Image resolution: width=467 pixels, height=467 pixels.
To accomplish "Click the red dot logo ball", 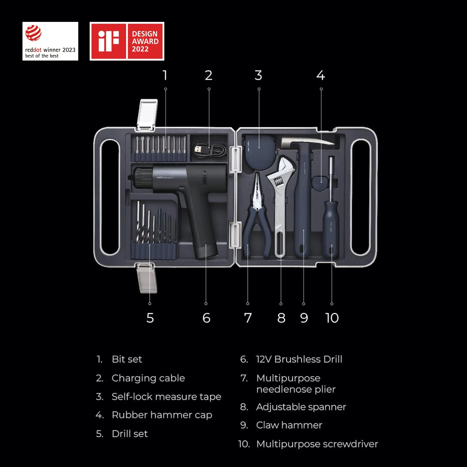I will click(33, 33).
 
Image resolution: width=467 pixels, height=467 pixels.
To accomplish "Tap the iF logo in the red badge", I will click(109, 41).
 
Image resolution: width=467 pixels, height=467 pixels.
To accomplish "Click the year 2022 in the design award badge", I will click(140, 49).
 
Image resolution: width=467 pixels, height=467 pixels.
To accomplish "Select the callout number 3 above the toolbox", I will click(258, 75).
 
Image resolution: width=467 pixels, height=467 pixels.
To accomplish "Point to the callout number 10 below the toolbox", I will click(332, 318).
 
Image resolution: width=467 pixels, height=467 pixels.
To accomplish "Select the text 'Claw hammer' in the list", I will click(289, 425).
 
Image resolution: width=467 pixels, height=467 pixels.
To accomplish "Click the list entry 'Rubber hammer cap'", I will click(162, 415).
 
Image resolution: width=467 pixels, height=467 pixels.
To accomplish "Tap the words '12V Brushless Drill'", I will click(299, 359).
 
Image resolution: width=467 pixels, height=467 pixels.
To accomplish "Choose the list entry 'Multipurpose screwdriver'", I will click(317, 444).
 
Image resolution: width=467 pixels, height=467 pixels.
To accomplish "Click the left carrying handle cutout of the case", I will click(109, 197).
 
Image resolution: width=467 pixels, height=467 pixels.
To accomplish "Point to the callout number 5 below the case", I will click(150, 318).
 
